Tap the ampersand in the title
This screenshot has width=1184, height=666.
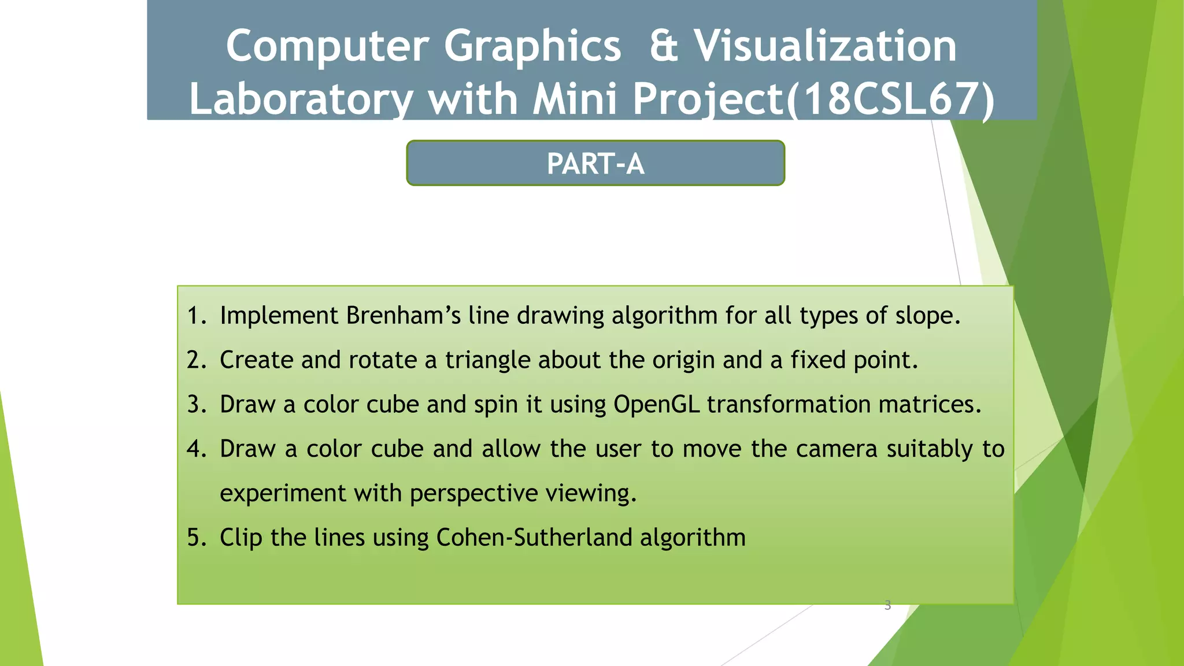click(663, 46)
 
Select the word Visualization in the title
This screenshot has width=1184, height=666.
click(825, 46)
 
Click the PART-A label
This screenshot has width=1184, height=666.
click(595, 164)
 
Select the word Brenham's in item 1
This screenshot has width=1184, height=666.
click(404, 316)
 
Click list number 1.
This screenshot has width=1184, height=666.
click(195, 316)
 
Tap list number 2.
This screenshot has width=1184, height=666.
click(196, 360)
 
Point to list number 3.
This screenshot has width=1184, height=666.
click(196, 405)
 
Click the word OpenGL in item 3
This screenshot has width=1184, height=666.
click(656, 405)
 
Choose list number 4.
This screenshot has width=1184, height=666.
click(196, 449)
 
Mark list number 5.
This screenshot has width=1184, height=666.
click(196, 538)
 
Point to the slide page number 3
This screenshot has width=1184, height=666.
click(887, 605)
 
